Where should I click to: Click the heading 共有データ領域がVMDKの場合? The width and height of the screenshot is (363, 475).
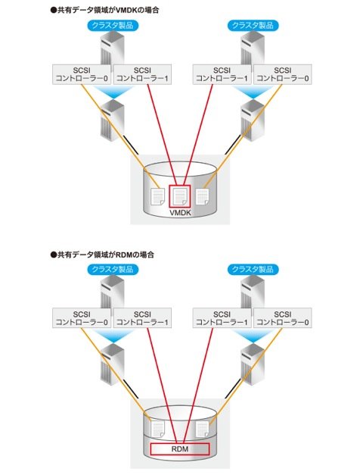tap(104, 10)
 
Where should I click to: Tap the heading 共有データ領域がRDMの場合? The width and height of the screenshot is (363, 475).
tap(102, 255)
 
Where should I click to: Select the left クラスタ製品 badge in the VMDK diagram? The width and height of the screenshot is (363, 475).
tap(113, 25)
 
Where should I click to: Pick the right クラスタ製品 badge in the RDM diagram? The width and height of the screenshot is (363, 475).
tap(253, 269)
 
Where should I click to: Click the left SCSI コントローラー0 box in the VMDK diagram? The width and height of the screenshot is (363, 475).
tap(82, 74)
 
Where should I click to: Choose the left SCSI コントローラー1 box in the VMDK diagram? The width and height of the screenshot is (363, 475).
tap(142, 74)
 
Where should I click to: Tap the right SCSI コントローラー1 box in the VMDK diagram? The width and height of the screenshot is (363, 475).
tap(222, 74)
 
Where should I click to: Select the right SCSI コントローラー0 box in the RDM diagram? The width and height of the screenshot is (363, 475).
tap(283, 318)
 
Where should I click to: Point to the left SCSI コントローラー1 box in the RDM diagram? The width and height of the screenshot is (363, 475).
tap(142, 318)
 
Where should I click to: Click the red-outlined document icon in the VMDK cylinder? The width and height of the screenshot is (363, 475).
tap(180, 196)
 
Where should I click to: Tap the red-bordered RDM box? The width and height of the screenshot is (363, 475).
tap(180, 449)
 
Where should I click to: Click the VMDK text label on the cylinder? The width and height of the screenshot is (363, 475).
tap(180, 213)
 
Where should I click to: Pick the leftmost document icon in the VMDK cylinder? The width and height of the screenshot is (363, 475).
tap(158, 197)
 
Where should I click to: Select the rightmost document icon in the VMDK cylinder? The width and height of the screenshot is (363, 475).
tap(203, 197)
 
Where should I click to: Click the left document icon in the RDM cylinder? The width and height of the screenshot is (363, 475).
tap(158, 429)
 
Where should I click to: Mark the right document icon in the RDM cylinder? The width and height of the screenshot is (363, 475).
tap(203, 429)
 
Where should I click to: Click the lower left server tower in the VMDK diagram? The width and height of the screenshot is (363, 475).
tap(112, 120)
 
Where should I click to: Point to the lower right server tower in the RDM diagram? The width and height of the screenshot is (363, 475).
tap(253, 364)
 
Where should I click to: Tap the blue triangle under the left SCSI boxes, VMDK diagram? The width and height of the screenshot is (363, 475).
tap(113, 92)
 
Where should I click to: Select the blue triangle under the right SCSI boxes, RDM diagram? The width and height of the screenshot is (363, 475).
tap(253, 336)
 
